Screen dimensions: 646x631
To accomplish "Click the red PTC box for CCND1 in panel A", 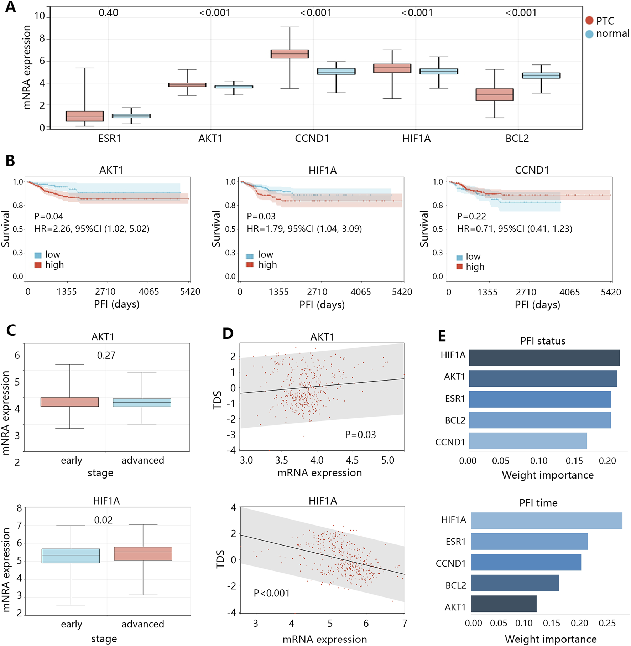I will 290,54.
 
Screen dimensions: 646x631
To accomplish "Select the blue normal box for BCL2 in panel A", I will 541,76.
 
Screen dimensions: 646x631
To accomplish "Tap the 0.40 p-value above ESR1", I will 108,13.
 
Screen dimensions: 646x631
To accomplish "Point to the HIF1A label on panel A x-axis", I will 416,138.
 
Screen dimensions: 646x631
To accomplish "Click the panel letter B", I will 10,161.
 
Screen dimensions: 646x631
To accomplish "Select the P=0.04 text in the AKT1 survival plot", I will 49,216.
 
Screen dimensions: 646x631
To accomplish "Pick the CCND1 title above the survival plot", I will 532,170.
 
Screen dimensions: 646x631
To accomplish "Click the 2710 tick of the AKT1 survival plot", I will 105,292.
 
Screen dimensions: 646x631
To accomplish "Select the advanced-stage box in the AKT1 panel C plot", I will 142,403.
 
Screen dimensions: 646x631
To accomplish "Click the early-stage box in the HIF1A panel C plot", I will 71,556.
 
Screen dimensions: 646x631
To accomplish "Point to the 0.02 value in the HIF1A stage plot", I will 103,520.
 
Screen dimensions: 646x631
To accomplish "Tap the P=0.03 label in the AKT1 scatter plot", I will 360,435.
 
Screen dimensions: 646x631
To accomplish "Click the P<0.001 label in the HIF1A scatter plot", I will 272,593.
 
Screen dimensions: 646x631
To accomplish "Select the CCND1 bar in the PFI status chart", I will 528,441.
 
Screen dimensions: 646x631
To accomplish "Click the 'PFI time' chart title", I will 538,503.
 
